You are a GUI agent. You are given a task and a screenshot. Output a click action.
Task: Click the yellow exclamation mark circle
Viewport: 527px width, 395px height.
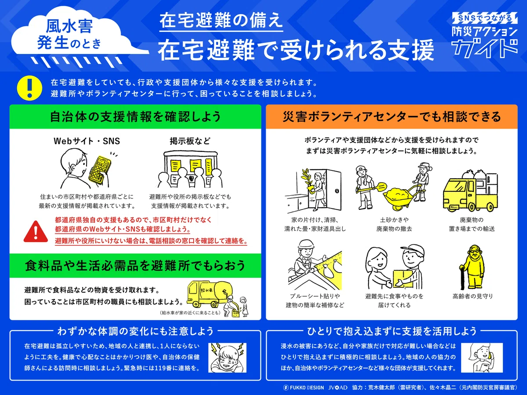[29, 88]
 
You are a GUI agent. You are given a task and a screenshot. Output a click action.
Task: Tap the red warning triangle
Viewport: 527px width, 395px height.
[36, 232]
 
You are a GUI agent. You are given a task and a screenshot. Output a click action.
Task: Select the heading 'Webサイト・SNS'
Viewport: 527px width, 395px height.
[87, 141]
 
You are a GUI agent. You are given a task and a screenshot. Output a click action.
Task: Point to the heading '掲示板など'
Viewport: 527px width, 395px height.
[190, 141]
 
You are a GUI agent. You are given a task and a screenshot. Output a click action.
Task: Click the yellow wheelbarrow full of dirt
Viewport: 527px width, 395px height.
[400, 197]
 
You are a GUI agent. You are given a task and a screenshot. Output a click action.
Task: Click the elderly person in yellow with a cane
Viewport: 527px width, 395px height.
[472, 267]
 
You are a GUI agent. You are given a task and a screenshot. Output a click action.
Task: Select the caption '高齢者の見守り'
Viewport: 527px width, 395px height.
[473, 296]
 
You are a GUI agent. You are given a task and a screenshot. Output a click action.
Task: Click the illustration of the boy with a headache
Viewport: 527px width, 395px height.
[227, 358]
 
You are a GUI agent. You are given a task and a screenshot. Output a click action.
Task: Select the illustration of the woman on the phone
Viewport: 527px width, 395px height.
[482, 358]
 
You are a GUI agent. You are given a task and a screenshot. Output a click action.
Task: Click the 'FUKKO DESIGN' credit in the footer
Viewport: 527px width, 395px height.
[304, 388]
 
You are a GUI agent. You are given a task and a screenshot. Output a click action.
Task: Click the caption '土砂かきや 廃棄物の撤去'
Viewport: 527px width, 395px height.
[394, 224]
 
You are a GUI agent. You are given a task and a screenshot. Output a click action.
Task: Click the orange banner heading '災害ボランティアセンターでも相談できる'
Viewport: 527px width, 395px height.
[392, 117]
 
